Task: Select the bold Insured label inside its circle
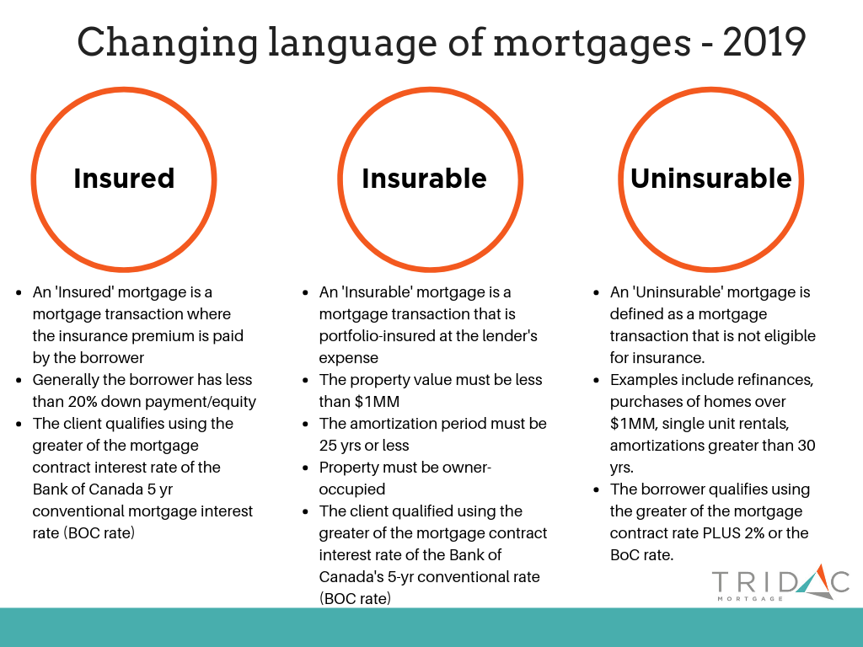[x=124, y=179]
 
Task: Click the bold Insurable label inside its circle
[x=424, y=179]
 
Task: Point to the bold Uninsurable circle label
[x=711, y=179]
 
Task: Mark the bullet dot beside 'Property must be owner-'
[x=305, y=468]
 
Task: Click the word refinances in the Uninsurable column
[x=775, y=380]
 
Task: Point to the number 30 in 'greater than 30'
[x=806, y=446]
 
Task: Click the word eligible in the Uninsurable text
[x=790, y=336]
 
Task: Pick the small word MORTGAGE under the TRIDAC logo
[x=750, y=599]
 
